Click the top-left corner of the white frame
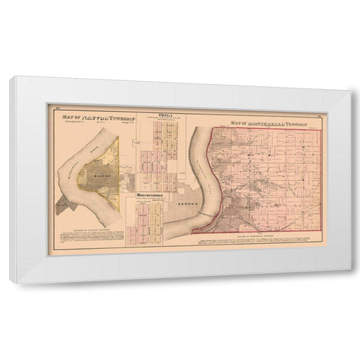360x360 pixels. click(x=9, y=76)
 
